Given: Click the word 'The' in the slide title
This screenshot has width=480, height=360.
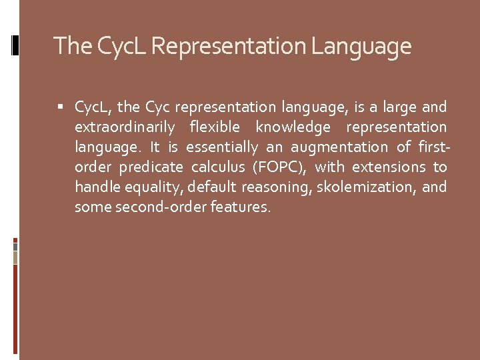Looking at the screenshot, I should [71, 46].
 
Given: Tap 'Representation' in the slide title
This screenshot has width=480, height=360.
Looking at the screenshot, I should [229, 46].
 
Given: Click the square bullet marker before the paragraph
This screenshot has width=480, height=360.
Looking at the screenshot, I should [62, 107].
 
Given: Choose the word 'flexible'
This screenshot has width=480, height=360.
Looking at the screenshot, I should [214, 127].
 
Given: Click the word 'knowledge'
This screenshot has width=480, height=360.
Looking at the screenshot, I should [293, 127].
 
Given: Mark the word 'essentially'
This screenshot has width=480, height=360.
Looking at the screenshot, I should [220, 147].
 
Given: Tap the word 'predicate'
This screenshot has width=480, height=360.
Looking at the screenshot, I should [151, 167].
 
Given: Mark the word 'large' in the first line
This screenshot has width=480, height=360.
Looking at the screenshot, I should [399, 107].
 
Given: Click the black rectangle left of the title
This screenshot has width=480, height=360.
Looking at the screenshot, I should [16, 45].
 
